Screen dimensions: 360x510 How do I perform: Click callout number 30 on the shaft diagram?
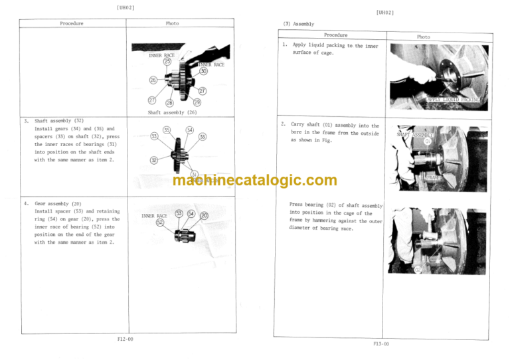(x=203, y=71)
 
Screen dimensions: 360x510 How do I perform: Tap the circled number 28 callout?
(x=169, y=103)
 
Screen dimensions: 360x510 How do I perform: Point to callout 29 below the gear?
(x=197, y=102)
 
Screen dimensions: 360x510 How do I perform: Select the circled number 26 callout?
(x=153, y=80)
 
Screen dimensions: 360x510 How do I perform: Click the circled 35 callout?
(x=167, y=130)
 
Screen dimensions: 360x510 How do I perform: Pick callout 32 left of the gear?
(x=154, y=160)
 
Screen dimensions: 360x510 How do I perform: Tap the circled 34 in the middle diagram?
(x=190, y=130)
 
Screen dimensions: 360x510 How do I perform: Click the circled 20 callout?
(x=204, y=215)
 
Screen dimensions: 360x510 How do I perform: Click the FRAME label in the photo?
(x=432, y=178)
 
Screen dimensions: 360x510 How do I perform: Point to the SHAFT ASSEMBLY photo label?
(x=415, y=134)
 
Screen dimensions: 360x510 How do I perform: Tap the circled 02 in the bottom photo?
(x=418, y=270)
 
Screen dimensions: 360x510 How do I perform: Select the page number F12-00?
(x=120, y=339)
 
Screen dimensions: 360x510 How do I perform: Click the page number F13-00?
(x=381, y=343)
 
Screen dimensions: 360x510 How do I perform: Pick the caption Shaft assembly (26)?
(x=171, y=113)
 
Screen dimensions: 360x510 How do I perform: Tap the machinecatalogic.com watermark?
(x=254, y=180)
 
